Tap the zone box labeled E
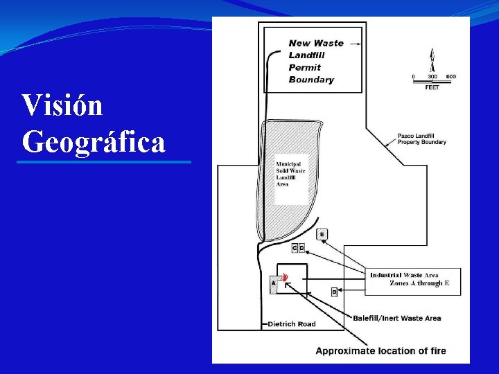[x=322, y=234]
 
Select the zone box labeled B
[x=334, y=292]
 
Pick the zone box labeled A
[x=273, y=283]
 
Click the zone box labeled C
[x=295, y=248]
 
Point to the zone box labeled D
[x=301, y=248]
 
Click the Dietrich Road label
[x=292, y=323]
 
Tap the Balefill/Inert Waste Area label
[x=396, y=319]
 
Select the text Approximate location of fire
[x=380, y=350]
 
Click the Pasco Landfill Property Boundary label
[x=421, y=139]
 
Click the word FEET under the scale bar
[x=432, y=88]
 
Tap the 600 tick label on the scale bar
[x=450, y=75]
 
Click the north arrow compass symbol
[x=432, y=61]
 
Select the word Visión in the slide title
[x=62, y=105]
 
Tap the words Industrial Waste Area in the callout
[x=404, y=275]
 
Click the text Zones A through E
[x=420, y=283]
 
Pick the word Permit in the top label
[x=305, y=67]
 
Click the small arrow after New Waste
[x=356, y=43]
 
